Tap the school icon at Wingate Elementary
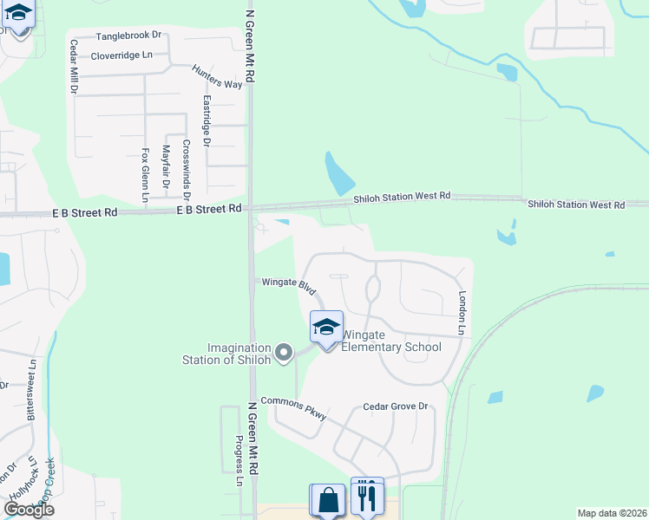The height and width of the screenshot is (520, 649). coord(326,328)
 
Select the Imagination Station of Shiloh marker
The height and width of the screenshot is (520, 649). coord(284,353)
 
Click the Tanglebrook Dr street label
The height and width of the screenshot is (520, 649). coord(128,36)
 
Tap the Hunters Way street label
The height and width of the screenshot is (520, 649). coord(217,77)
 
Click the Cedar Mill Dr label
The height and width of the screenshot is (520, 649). coord(74,67)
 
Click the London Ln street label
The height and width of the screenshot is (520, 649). coord(462,312)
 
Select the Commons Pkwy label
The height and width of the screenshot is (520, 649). coord(294,407)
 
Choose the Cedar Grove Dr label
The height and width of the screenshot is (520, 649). coord(396,406)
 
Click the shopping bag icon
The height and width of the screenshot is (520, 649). coord(327,500)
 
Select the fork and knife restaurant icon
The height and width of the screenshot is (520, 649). coord(367,497)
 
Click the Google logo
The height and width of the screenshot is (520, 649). coord(29,510)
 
